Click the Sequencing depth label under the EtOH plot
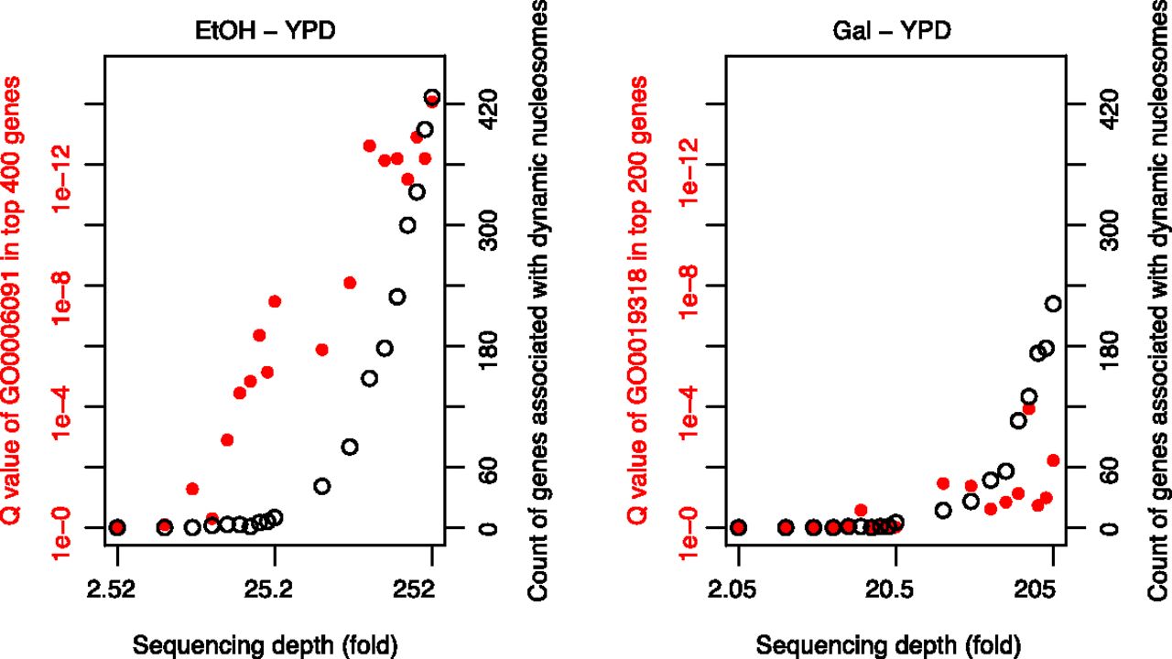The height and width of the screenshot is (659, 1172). [x=266, y=644]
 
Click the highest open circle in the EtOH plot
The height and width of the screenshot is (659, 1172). [x=432, y=97]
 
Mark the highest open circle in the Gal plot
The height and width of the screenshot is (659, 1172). [x=1053, y=304]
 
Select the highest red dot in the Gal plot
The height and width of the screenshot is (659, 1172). [x=1028, y=409]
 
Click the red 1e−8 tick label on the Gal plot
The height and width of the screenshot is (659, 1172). [x=689, y=286]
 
